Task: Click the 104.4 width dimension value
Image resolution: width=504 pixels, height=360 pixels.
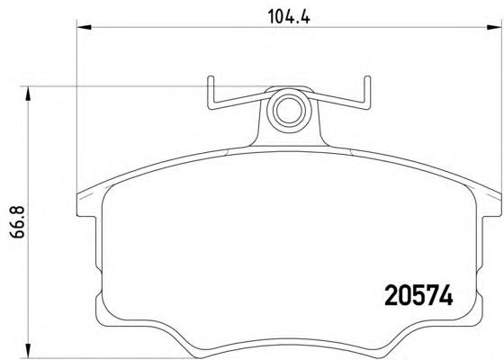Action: click(289, 17)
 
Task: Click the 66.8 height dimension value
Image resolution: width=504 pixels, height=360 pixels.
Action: click(17, 222)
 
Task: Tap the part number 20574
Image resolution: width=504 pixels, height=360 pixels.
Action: click(418, 295)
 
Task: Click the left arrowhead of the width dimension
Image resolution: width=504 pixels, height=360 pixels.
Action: click(85, 27)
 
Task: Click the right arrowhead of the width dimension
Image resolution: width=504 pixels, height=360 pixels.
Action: click(494, 27)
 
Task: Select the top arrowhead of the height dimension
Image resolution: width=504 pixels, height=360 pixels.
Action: click(29, 94)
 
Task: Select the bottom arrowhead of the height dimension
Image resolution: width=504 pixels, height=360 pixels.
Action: click(29, 350)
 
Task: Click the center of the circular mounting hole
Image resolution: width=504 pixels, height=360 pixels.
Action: click(289, 110)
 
